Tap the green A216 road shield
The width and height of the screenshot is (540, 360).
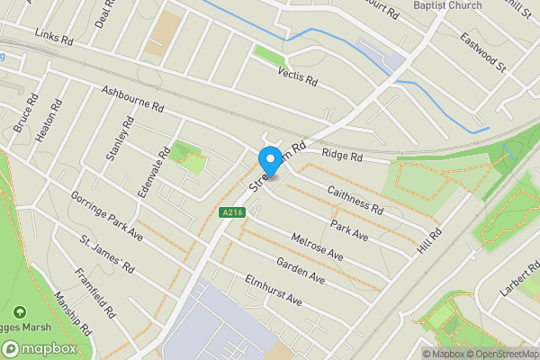230,212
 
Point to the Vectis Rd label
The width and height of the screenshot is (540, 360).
298,76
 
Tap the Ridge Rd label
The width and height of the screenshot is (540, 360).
343,156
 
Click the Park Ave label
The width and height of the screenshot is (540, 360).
349,229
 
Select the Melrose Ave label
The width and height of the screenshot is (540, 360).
317,247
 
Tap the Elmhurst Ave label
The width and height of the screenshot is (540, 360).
273,291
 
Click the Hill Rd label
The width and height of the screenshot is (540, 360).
428,246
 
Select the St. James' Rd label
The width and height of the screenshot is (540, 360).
107,256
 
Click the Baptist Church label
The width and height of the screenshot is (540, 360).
447,5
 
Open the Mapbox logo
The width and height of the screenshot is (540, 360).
39,348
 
